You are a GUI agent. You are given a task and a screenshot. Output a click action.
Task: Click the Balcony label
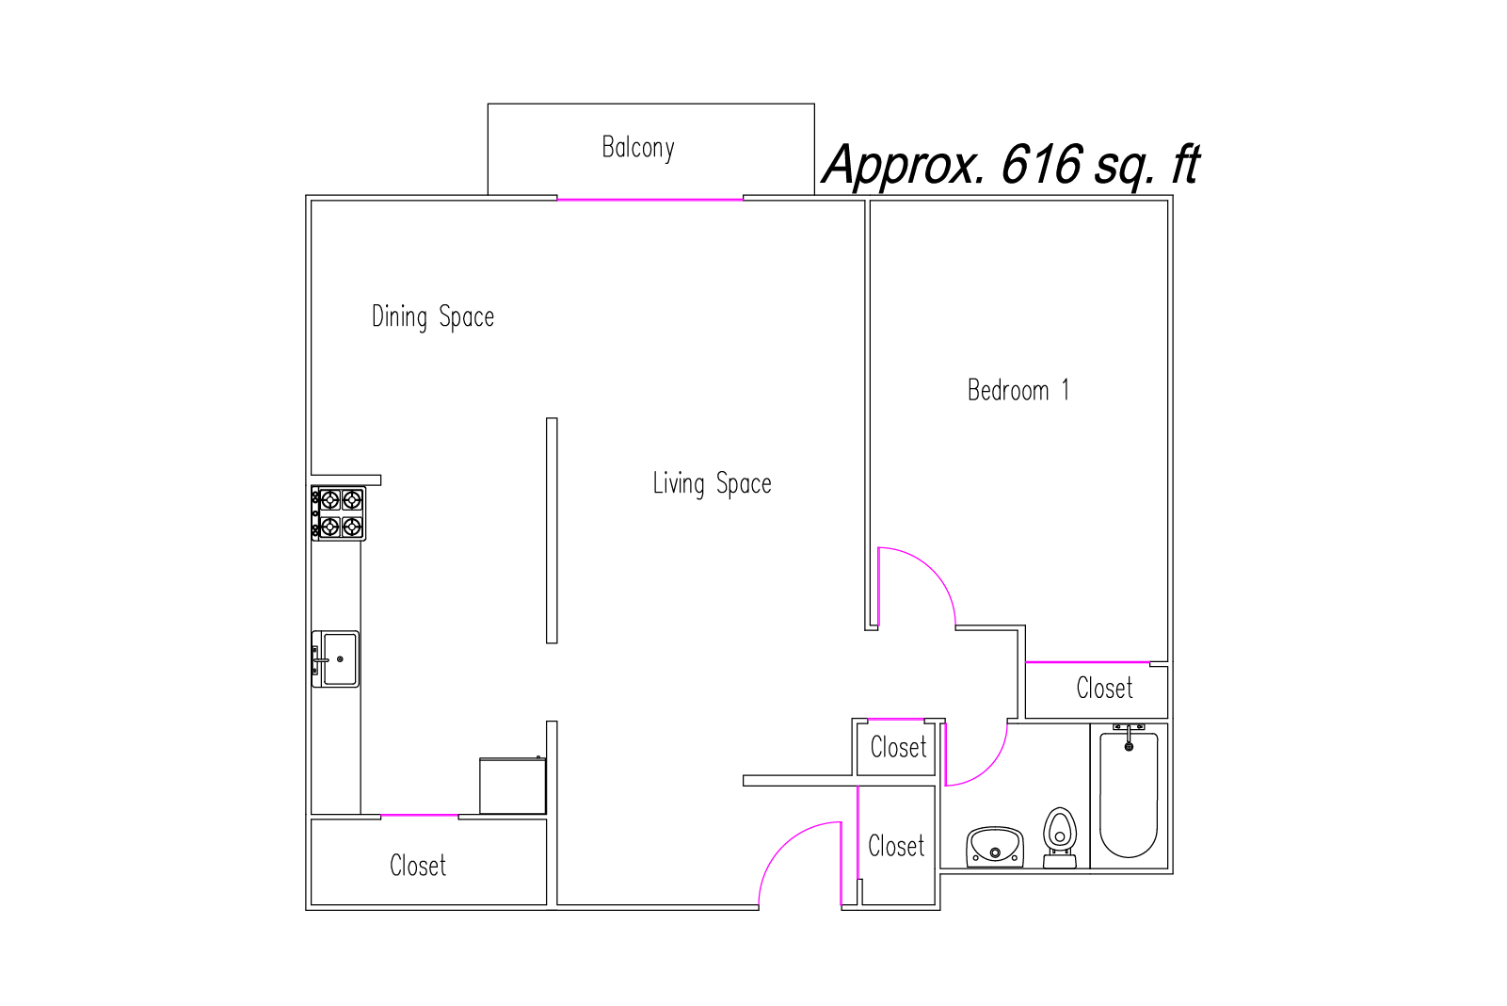tap(638, 148)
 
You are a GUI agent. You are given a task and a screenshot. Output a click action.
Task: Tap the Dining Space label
tap(433, 316)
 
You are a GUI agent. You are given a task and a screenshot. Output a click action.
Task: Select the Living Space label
tap(712, 483)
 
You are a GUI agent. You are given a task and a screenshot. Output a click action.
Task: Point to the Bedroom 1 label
tap(1018, 391)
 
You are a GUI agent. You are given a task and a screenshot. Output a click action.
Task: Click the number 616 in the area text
tap(1041, 164)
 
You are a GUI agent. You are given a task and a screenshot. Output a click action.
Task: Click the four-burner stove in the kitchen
tap(339, 513)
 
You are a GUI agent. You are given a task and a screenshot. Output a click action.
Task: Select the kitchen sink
tap(335, 659)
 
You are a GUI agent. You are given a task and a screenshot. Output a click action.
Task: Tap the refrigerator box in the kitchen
tap(513, 786)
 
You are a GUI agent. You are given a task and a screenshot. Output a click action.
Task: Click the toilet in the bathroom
tap(1060, 837)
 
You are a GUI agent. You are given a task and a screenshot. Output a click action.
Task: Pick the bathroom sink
tap(995, 847)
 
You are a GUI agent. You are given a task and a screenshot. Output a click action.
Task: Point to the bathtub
tap(1129, 793)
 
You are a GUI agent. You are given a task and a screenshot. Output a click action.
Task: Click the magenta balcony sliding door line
tap(649, 200)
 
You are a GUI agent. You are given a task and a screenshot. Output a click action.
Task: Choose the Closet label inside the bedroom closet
tap(1104, 689)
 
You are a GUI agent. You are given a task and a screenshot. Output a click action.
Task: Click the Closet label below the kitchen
tap(418, 866)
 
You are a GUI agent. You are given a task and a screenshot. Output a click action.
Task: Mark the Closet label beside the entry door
tap(896, 846)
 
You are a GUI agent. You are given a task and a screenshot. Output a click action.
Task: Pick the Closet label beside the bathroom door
tap(898, 747)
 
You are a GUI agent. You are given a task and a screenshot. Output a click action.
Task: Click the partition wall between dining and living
tap(552, 530)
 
